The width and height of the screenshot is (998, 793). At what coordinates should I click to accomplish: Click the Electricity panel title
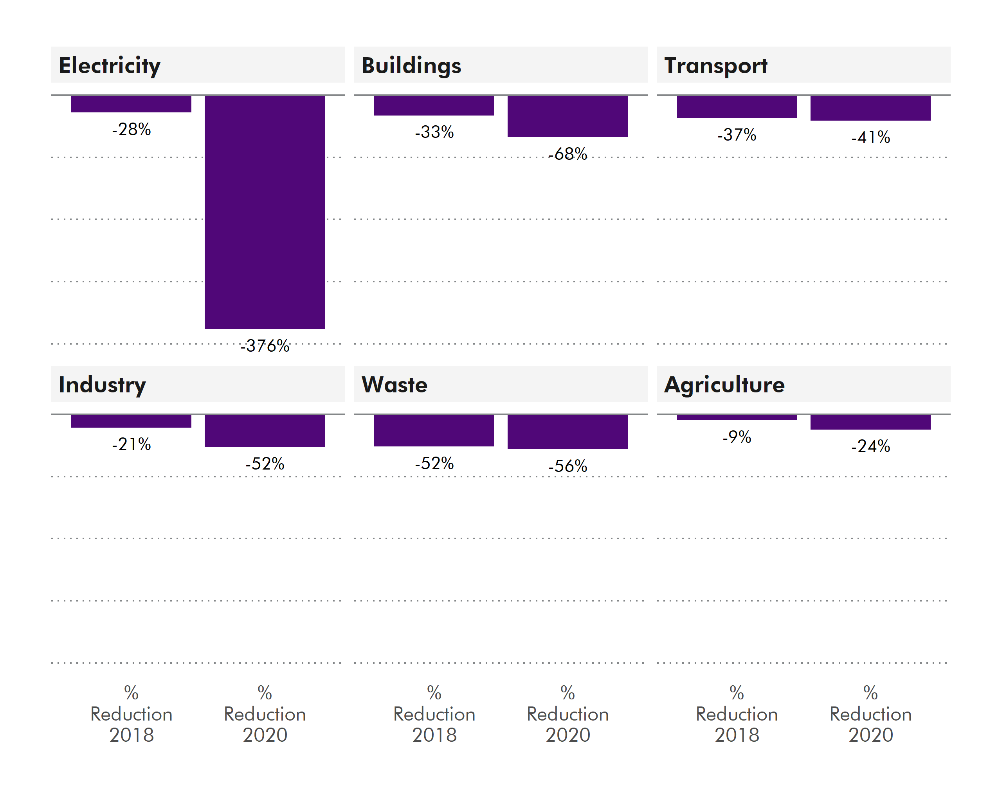tap(109, 65)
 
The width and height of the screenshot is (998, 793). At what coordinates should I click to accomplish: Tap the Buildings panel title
tap(411, 65)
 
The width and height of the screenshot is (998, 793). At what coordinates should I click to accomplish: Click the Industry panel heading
tap(102, 385)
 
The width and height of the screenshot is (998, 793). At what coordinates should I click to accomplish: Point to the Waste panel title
tap(395, 385)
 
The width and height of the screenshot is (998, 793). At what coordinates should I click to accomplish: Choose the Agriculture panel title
tap(724, 385)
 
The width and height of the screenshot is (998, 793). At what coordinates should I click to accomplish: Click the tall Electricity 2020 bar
tap(265, 212)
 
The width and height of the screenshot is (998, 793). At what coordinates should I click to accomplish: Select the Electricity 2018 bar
tap(131, 104)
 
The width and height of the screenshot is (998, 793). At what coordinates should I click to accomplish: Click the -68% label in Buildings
tap(567, 154)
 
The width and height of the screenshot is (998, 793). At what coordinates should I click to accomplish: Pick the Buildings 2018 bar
tap(434, 106)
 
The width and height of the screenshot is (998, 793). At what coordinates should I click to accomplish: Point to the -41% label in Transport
tap(870, 137)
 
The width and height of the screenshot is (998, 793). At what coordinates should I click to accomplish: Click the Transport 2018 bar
tap(737, 107)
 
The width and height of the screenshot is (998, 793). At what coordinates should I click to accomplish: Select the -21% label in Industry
tap(131, 444)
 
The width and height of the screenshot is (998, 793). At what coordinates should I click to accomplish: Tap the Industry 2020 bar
tap(265, 431)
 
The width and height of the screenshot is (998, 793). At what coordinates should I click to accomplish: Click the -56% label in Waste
tap(567, 466)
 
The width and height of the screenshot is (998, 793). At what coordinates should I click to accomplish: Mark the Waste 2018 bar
tap(434, 431)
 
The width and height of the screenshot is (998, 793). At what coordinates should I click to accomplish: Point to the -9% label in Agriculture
tap(737, 437)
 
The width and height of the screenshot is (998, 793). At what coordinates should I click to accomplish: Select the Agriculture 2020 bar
tap(870, 422)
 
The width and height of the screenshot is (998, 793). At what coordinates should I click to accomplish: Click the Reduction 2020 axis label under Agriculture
tap(870, 714)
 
